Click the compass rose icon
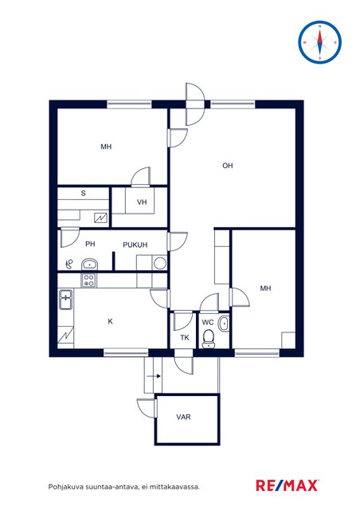pyautogui.click(x=319, y=42)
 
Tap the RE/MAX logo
pyautogui.click(x=288, y=485)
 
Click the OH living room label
pyautogui.click(x=228, y=166)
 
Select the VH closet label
pyautogui.click(x=142, y=202)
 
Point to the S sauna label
pyautogui.click(x=84, y=193)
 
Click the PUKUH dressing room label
pyautogui.click(x=135, y=245)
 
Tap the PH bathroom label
pyautogui.click(x=90, y=244)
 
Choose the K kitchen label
pyautogui.click(x=110, y=321)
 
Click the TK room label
pyautogui.click(x=185, y=338)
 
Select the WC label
pyautogui.click(x=208, y=322)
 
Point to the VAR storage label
pyautogui.click(x=183, y=417)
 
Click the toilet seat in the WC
pyautogui.click(x=208, y=339)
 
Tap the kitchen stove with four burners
pyautogui.click(x=88, y=280)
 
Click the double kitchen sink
pyautogui.click(x=66, y=300)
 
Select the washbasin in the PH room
pyautogui.click(x=89, y=264)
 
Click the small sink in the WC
pyautogui.click(x=224, y=324)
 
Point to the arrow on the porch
pyautogui.click(x=154, y=376)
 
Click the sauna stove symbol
pyautogui.click(x=101, y=218)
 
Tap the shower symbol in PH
pyautogui.click(x=69, y=265)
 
